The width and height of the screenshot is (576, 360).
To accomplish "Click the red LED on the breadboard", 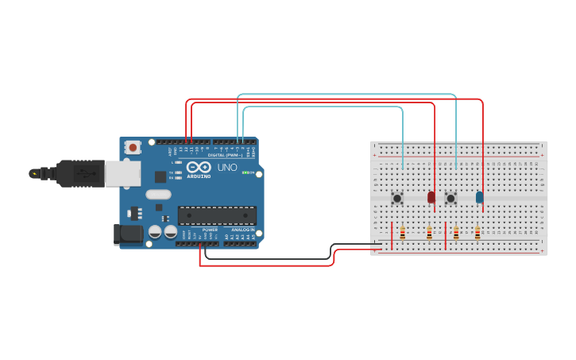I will [431, 197].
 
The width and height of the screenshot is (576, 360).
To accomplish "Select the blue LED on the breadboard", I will [479, 197].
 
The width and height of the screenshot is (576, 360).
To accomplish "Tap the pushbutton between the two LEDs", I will [450, 198].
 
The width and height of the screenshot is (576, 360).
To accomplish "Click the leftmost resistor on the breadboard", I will [403, 233].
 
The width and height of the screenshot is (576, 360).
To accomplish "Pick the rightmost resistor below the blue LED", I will [477, 233].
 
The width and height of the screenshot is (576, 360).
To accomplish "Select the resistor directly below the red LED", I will [430, 233].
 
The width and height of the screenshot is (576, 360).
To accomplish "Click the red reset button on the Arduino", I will [133, 147].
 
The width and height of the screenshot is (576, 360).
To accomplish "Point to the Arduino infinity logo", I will [199, 167].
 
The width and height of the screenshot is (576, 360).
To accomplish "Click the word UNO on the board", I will [227, 168].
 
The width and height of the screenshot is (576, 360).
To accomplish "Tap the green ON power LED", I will [246, 172].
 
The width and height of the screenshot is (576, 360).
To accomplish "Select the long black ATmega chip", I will [217, 215].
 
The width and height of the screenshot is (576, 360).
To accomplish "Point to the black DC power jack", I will [127, 234].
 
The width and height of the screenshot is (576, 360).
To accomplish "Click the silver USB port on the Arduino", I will [122, 173].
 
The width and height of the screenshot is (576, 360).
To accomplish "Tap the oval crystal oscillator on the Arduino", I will [158, 195].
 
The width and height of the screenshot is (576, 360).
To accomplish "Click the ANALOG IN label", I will [242, 230].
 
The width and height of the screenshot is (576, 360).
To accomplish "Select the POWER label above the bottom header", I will [210, 230].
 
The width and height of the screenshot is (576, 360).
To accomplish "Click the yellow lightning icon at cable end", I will [33, 173].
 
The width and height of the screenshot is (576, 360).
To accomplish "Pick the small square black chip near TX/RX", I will [160, 177].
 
